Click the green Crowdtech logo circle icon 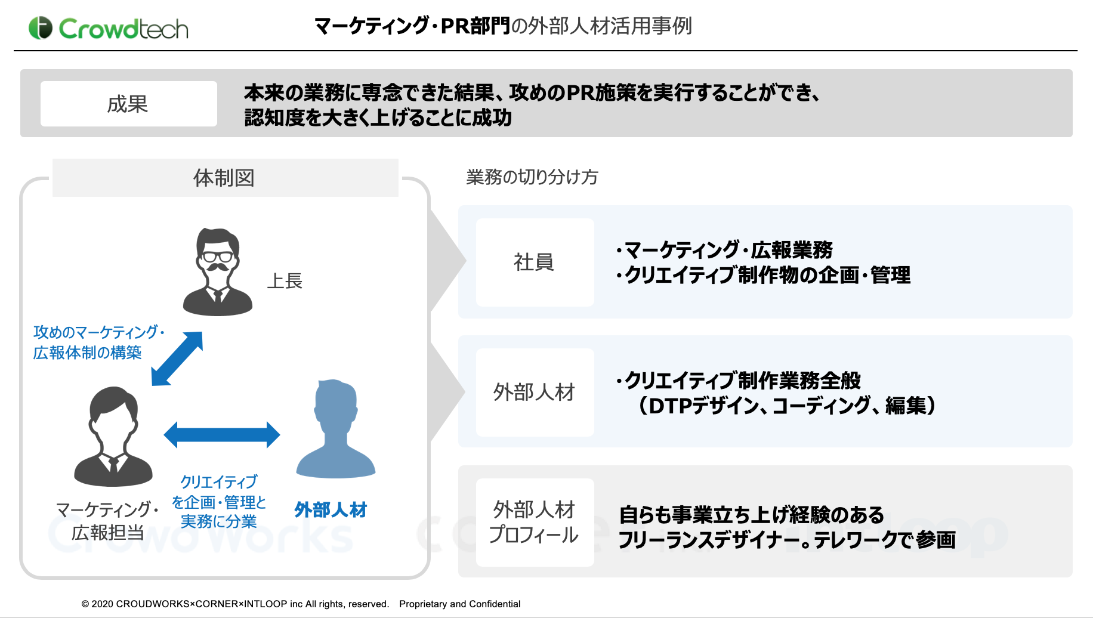41,28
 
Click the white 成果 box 129,104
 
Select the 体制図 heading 224,178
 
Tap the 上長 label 285,281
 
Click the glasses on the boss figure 217,257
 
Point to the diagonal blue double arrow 177,359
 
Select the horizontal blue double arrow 222,435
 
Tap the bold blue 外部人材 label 331,510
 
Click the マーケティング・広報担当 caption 108,521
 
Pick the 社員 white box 535,262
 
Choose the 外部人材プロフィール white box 535,523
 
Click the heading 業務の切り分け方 532,177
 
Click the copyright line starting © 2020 235,604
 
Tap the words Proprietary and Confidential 460,604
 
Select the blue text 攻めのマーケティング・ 99,332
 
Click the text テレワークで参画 885,540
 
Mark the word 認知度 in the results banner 274,118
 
